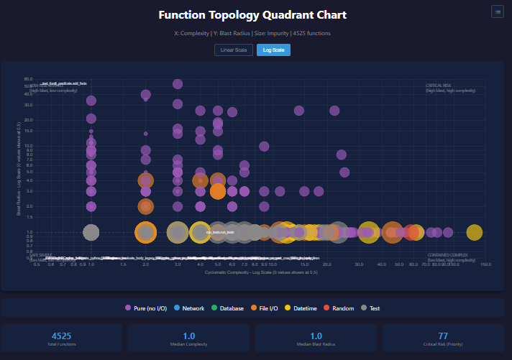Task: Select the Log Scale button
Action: (x=273, y=50)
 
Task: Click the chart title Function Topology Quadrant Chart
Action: (x=256, y=15)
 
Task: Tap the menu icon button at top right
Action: (x=497, y=11)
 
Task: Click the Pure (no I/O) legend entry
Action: (x=146, y=308)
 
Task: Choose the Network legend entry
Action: (x=189, y=308)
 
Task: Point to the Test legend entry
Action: (x=370, y=308)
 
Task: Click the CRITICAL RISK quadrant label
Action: (x=438, y=86)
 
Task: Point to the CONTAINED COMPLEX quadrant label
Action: (x=447, y=255)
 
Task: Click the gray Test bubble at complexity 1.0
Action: (x=91, y=232)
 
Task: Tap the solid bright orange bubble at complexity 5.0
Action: (x=218, y=191)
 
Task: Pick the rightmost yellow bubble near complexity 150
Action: (x=474, y=232)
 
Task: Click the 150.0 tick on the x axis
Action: (x=486, y=264)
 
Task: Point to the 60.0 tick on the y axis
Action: (x=28, y=79)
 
